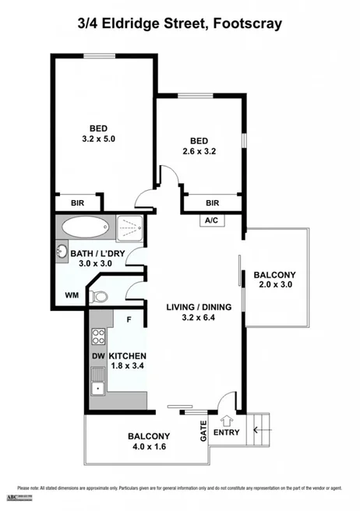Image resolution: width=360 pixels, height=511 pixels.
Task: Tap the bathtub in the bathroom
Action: [x=86, y=228]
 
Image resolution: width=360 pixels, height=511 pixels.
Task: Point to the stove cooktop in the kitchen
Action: [x=99, y=337]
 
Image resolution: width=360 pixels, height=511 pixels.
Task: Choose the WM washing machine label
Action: [x=72, y=295]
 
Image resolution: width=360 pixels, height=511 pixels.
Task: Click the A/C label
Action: [x=211, y=220]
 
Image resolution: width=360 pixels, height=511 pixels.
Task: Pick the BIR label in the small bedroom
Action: [x=213, y=203]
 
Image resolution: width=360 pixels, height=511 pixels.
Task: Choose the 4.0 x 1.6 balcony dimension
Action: [x=148, y=447]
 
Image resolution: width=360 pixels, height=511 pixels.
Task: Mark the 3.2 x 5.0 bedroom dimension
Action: [x=98, y=140]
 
